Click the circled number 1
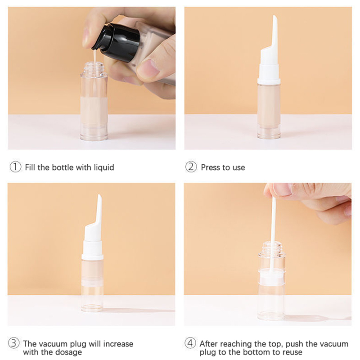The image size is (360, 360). coord(15,167)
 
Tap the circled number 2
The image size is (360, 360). coord(191,167)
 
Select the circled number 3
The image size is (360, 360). coord(13,343)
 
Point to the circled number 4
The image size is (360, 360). coord(190,343)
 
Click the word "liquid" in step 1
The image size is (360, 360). coord(104,167)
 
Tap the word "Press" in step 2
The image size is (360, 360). coord(211,167)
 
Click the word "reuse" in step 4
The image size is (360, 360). coord(292,352)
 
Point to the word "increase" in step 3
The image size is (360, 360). coord(118,344)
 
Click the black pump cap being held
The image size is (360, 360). coord(117,43)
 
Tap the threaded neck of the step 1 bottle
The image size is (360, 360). coord(94,68)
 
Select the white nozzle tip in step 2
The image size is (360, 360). coord(274,32)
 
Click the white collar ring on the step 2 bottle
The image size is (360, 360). coord(269,81)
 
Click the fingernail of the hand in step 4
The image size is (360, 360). coord(282,189)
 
